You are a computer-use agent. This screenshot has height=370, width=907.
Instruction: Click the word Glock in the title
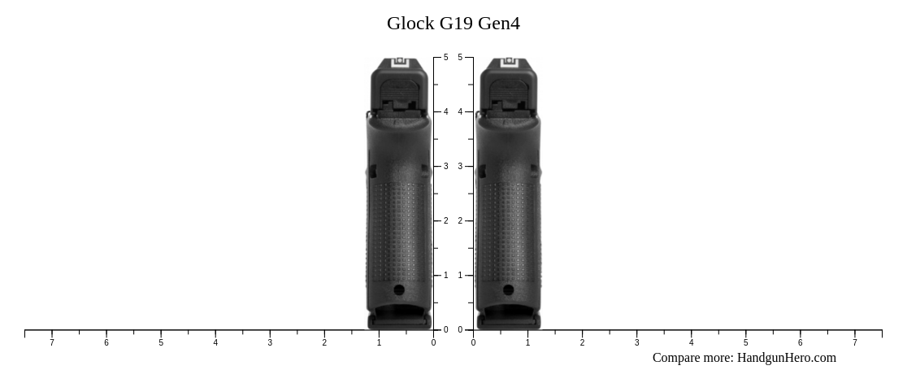click(410, 24)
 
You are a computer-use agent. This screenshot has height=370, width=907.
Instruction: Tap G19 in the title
click(456, 24)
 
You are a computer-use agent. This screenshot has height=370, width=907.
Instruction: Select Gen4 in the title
click(499, 24)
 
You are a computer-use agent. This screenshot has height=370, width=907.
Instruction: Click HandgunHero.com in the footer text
click(786, 358)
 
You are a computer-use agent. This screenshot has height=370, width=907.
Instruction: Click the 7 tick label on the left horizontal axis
click(52, 343)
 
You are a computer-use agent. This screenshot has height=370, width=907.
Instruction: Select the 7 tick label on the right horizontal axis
click(854, 343)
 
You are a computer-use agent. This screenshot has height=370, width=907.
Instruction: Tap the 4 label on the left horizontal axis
click(215, 343)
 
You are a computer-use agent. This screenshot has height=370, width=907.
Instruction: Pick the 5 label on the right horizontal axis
click(745, 343)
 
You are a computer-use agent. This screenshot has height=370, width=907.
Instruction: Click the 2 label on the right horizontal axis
click(582, 343)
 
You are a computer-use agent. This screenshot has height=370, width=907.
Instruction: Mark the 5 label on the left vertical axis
click(445, 58)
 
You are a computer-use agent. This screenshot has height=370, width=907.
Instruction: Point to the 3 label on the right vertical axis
click(460, 167)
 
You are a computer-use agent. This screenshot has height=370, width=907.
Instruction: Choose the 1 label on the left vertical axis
click(445, 276)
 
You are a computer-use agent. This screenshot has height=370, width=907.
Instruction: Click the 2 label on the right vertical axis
click(460, 221)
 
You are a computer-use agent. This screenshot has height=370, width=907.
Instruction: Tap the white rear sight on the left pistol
click(400, 63)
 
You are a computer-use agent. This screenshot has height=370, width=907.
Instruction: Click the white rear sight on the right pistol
click(509, 63)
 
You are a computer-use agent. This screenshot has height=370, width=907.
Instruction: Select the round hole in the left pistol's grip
click(399, 289)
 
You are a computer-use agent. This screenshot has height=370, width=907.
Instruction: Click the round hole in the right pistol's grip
click(508, 289)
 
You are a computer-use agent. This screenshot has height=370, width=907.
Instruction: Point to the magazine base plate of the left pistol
click(399, 322)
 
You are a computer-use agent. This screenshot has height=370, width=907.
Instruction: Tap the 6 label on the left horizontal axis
click(106, 343)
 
